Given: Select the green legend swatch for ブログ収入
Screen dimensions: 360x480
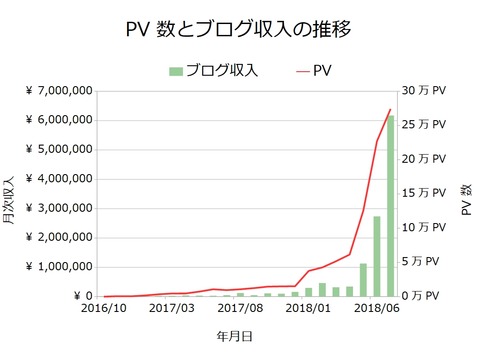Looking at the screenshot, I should pyautogui.click(x=176, y=70).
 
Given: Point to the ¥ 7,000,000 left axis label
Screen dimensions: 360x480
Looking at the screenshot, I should pyautogui.click(x=57, y=91).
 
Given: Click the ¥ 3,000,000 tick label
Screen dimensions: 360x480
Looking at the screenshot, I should pyautogui.click(x=57, y=208).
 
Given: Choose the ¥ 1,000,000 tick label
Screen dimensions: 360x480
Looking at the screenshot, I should pyautogui.click(x=57, y=267).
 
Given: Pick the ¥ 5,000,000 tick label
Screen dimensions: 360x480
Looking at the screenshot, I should pyautogui.click(x=57, y=150).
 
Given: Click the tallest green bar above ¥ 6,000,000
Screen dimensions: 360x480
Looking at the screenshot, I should pyautogui.click(x=391, y=206).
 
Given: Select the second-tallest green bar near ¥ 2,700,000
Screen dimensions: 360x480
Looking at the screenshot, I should pyautogui.click(x=377, y=256).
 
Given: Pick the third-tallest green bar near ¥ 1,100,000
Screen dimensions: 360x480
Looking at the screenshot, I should pyautogui.click(x=363, y=280).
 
